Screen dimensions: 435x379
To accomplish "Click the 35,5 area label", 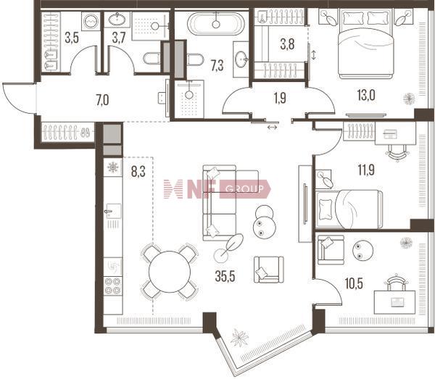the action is (x=225, y=276).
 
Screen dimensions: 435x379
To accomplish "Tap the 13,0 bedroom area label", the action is (x=366, y=96).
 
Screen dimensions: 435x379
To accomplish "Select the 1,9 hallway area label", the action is (x=280, y=98).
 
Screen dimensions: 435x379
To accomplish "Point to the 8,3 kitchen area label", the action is (x=138, y=172).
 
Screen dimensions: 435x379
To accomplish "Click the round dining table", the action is (x=170, y=272).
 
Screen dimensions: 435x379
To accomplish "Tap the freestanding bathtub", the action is (x=216, y=24).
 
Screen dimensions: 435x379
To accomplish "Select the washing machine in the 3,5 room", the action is (x=91, y=21).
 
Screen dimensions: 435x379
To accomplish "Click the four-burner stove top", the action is (x=113, y=286).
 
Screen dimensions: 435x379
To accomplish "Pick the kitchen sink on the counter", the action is (x=113, y=212).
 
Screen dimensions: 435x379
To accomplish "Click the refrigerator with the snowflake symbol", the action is (x=113, y=167).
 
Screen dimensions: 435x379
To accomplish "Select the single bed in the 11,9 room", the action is (x=349, y=209).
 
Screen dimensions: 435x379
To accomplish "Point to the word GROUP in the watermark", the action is (x=245, y=189).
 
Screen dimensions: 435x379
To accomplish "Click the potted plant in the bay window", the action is (x=240, y=338).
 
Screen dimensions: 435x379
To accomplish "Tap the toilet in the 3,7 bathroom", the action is (x=152, y=58).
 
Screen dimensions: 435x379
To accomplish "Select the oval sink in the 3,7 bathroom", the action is (x=117, y=20).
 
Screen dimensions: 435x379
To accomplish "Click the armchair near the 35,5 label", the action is (x=268, y=270).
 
